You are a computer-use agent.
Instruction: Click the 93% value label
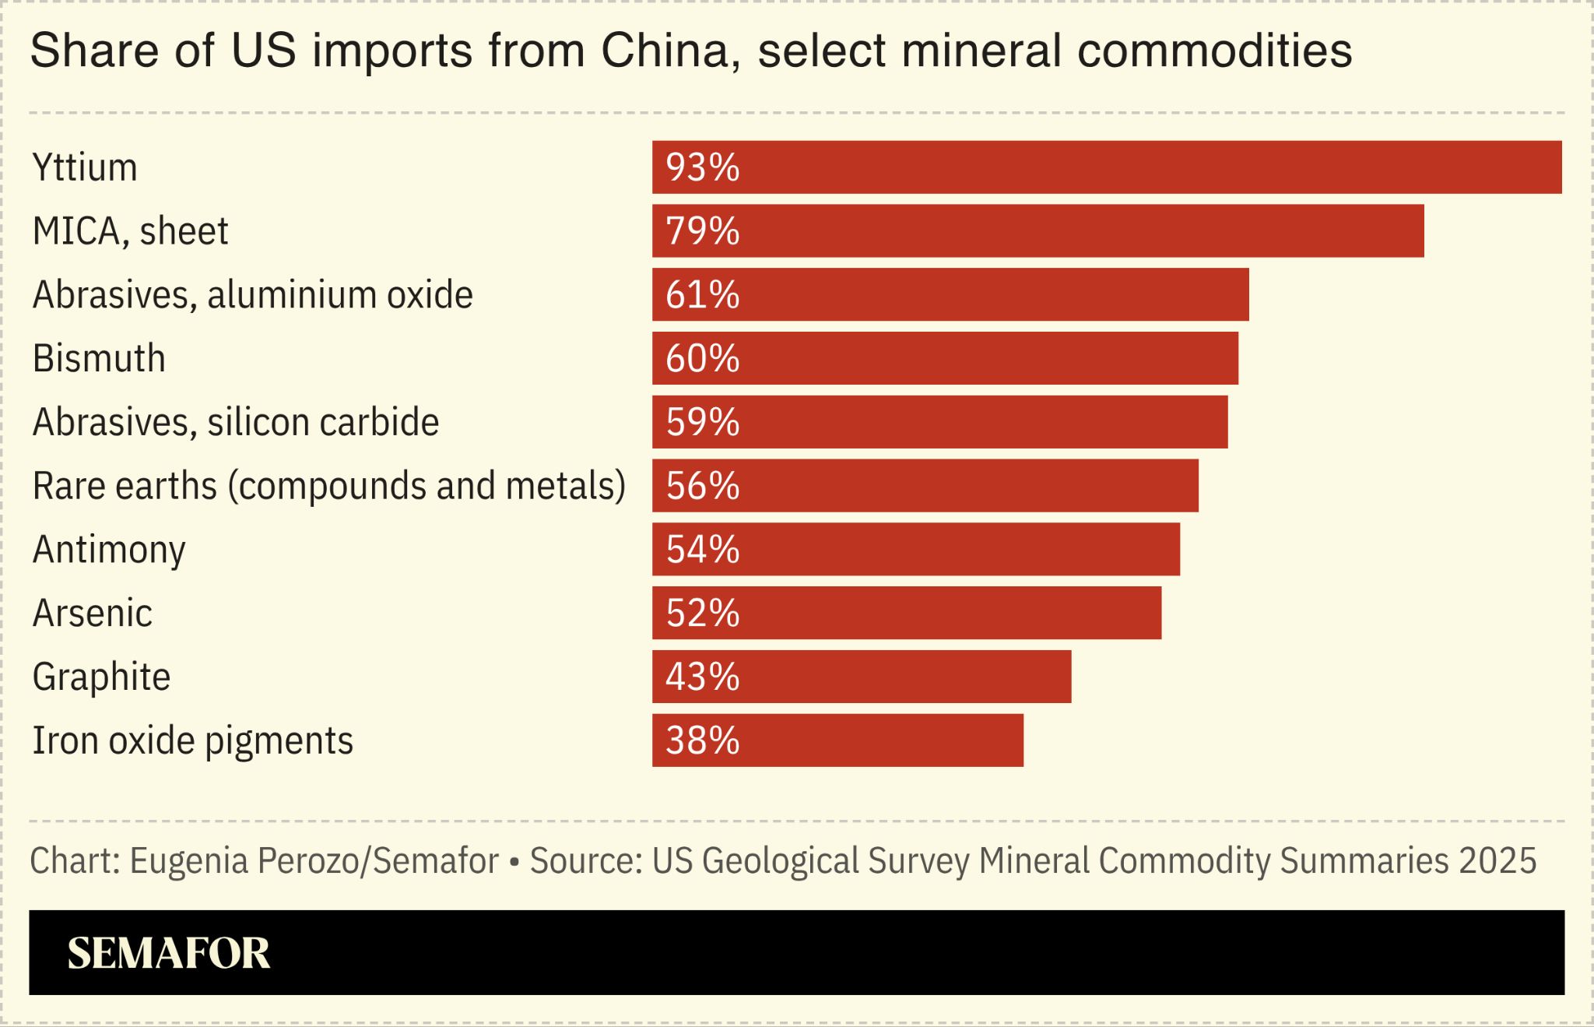(702, 167)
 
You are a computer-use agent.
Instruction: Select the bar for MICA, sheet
(1038, 230)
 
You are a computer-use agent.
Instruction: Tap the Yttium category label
(85, 167)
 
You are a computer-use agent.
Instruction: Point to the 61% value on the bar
(702, 294)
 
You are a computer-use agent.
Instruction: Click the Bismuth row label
(99, 358)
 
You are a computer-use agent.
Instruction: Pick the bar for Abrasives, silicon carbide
(940, 422)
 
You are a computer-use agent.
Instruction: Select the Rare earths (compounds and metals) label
(329, 486)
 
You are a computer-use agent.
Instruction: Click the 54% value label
(702, 549)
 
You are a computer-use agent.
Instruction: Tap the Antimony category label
(109, 550)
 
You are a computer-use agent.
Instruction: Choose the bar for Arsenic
(907, 613)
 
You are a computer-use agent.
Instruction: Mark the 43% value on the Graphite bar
(702, 677)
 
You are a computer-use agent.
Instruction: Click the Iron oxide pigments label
(193, 741)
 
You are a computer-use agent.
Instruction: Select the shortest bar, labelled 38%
(837, 740)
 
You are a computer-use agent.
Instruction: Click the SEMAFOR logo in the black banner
(169, 953)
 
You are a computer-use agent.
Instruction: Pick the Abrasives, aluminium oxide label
(253, 295)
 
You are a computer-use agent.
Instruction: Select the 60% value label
(702, 358)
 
